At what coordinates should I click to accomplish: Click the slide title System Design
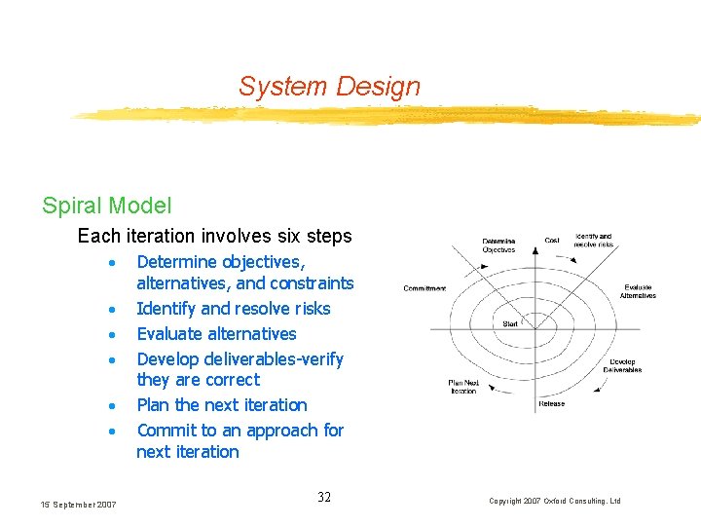329,86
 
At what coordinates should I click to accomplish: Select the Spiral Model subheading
106,206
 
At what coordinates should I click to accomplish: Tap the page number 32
324,498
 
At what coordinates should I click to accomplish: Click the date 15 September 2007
78,504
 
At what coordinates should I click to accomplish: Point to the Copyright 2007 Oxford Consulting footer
555,501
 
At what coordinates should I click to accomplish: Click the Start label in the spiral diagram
511,323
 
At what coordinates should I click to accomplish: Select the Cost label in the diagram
552,240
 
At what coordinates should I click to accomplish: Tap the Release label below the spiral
551,404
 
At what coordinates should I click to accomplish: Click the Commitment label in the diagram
424,288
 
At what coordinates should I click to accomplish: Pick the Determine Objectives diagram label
499,245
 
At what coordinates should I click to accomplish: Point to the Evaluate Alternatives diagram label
638,291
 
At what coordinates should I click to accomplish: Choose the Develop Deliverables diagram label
622,366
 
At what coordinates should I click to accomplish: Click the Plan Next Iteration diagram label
464,387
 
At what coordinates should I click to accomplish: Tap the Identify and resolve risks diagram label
594,240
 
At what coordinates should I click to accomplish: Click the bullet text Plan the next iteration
221,405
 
